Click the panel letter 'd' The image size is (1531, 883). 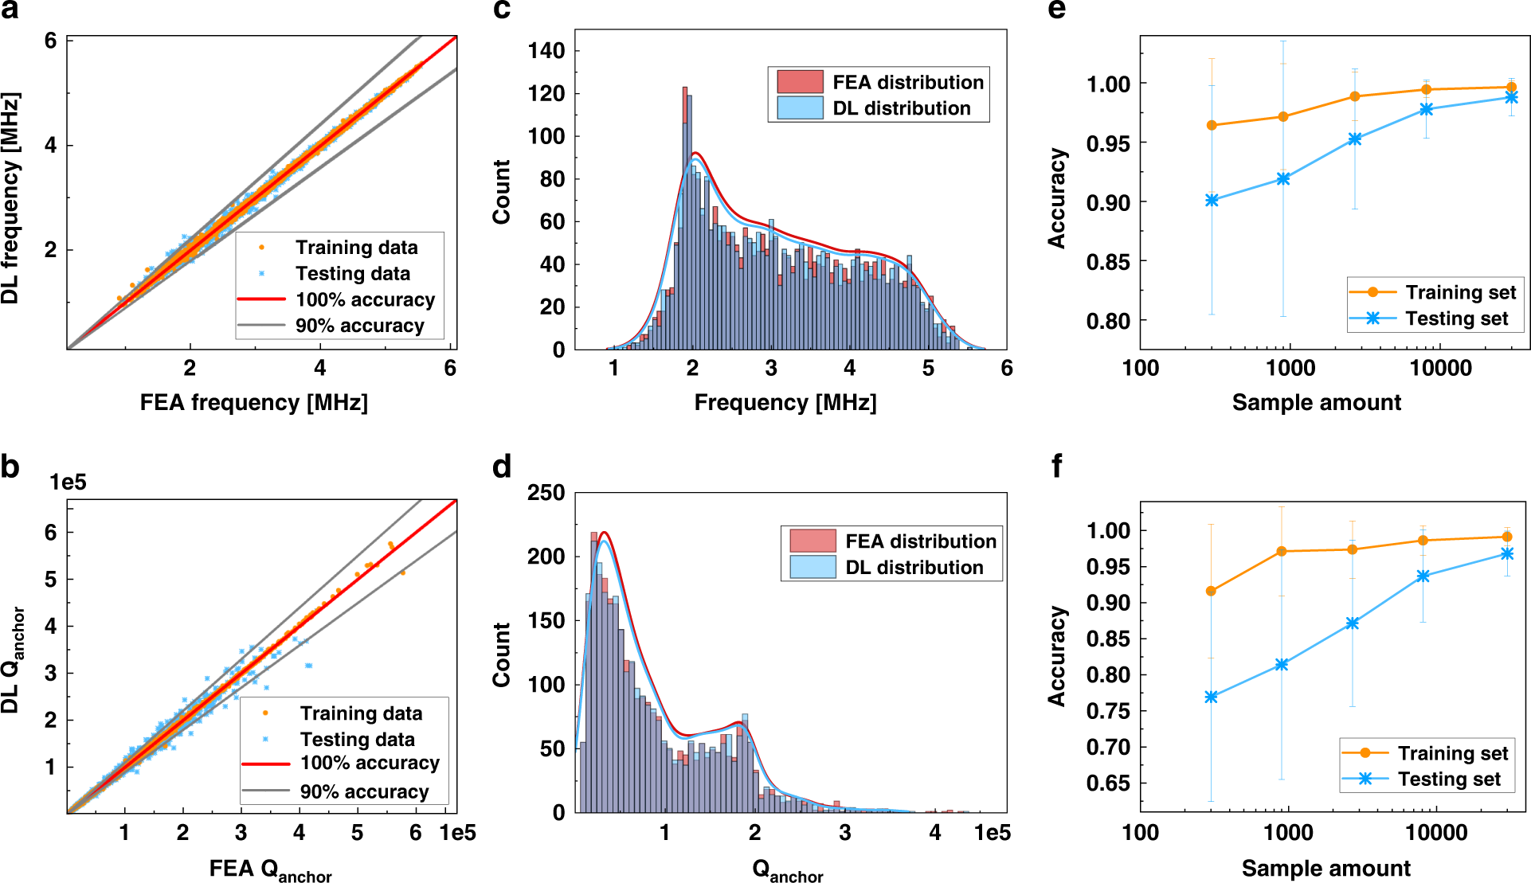[x=502, y=467]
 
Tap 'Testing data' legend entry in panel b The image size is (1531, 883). [x=357, y=739]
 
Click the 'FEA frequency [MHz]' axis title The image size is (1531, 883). [x=253, y=402]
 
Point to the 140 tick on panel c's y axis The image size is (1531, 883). [x=546, y=51]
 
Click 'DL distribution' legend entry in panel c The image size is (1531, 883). [x=901, y=108]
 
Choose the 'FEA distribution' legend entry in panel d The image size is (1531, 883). [x=920, y=541]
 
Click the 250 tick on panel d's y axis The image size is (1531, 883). [x=546, y=493]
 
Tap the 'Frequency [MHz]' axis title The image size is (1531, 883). [x=785, y=402]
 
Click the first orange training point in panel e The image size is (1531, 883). [x=1212, y=125]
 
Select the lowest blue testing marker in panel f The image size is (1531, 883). [x=1212, y=697]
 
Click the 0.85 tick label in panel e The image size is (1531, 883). [x=1108, y=262]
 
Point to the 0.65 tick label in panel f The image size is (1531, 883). [x=1108, y=783]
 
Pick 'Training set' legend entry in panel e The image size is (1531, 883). [x=1460, y=292]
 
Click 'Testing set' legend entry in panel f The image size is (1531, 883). [x=1449, y=779]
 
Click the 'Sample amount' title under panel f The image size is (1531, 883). [x=1325, y=868]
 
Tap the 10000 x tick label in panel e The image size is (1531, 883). [x=1440, y=368]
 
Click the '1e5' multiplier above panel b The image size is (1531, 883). [x=68, y=483]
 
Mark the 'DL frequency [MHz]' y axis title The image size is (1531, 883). [x=10, y=198]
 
